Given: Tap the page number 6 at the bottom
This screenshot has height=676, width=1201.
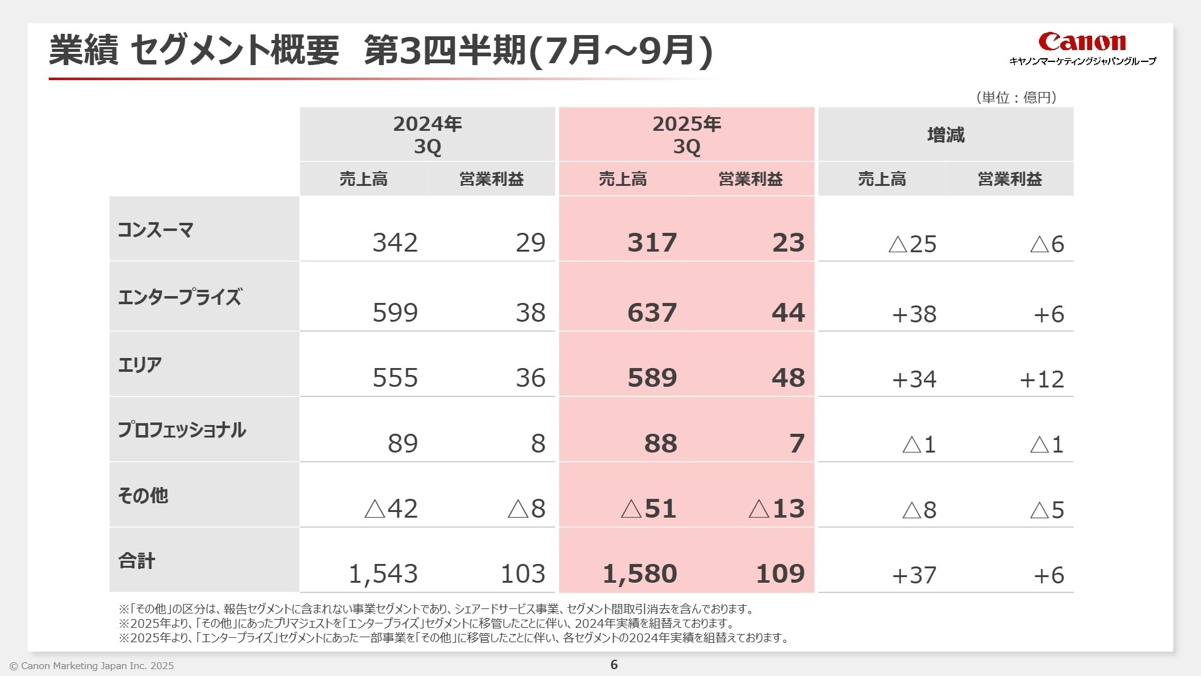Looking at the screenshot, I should pos(614,665).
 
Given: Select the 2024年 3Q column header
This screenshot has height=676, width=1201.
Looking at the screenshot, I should pos(427,135).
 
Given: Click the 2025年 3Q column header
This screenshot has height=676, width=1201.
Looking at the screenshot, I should pos(686,135).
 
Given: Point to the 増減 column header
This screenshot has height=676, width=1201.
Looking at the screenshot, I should pos(945,135).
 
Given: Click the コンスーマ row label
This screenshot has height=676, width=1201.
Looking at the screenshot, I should pos(156,230).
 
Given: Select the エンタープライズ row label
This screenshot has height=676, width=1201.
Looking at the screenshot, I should pos(180,297).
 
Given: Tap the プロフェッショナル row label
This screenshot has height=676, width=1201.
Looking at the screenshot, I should pos(182,430).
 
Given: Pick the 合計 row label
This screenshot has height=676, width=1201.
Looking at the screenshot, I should pos(136,561).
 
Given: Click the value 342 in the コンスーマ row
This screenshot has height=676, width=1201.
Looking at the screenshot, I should pos(395,243).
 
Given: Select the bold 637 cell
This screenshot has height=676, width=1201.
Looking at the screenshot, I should pos(652,313).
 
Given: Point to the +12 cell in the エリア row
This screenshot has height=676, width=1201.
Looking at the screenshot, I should pos(1041,379).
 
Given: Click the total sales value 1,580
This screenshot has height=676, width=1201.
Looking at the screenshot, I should pos(639,574).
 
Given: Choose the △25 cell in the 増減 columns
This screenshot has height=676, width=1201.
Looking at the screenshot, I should pos(912,244).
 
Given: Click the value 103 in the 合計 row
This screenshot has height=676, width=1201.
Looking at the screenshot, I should pos(523,574).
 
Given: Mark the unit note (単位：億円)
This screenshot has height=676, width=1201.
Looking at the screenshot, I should pos(1016,97).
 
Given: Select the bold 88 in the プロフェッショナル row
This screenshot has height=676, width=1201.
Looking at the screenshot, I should pos(661,444).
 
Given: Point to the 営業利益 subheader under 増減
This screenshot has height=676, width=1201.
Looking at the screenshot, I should pos(1010,180).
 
